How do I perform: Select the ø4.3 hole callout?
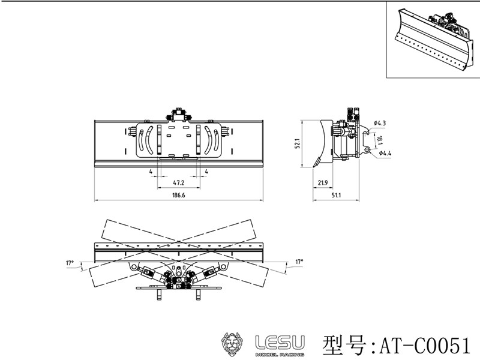[x=379, y=123]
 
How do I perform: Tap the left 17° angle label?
[x=70, y=262]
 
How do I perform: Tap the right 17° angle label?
[x=299, y=262]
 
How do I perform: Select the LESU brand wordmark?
[x=280, y=341]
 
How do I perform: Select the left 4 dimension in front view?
[x=151, y=172]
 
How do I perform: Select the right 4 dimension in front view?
[x=206, y=172]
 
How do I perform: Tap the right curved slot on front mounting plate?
[x=211, y=140]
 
